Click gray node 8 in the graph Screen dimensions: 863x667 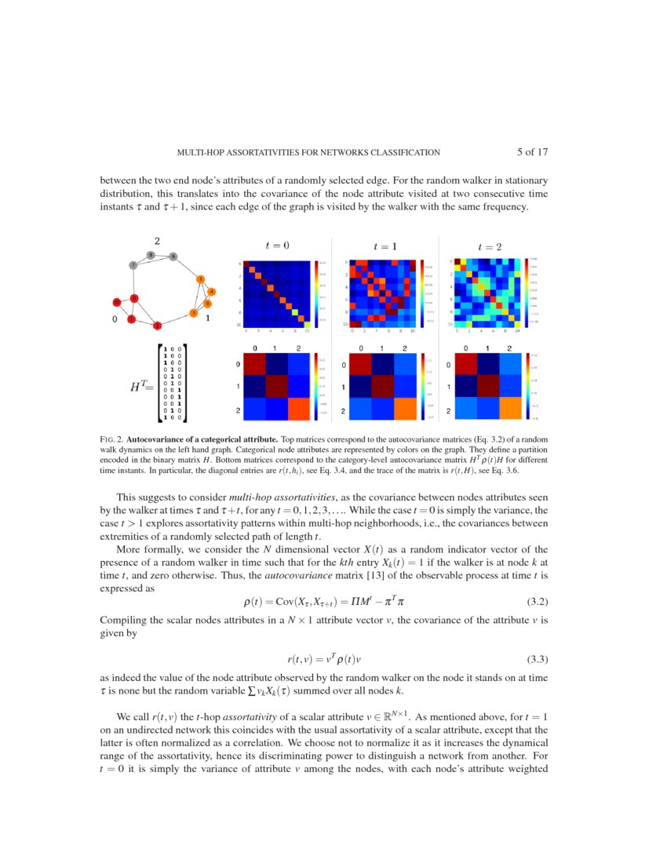[151, 255]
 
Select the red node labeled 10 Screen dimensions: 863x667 [116, 302]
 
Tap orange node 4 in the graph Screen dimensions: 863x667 [211, 292]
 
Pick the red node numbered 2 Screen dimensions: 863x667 [158, 325]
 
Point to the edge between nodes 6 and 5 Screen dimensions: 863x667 [187, 267]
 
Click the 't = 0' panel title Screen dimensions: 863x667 [277, 246]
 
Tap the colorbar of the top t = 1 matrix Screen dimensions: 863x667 [422, 292]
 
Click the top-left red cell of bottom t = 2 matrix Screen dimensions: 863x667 [467, 365]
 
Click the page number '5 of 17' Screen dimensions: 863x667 [537, 152]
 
